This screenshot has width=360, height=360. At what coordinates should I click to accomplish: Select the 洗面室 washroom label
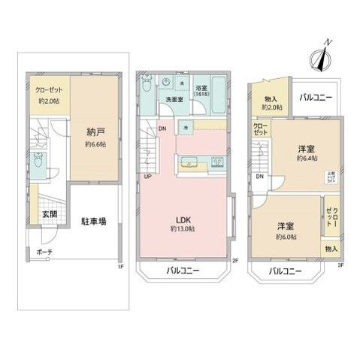167,99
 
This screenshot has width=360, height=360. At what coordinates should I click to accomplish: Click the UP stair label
146,177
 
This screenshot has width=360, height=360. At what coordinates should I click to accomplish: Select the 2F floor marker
234,261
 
